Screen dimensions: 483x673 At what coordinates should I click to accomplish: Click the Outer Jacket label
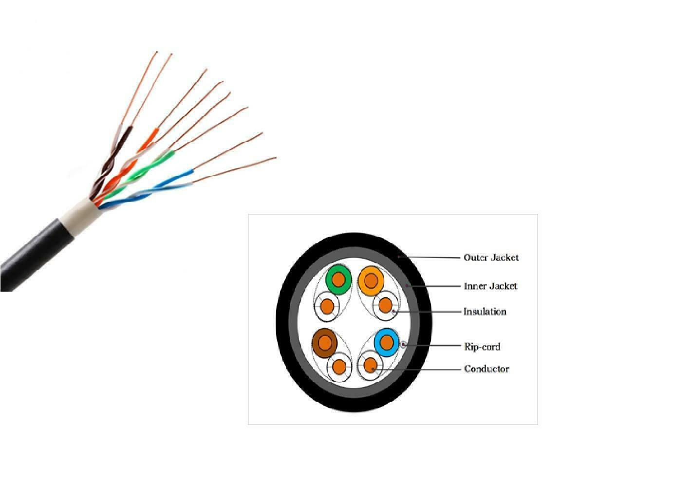tap(491, 258)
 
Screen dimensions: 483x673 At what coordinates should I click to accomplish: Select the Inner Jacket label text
tap(490, 286)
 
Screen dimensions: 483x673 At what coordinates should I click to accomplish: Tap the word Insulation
tap(485, 312)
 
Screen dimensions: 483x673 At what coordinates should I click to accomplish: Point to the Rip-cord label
tap(482, 347)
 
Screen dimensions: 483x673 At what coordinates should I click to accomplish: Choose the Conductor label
tap(486, 369)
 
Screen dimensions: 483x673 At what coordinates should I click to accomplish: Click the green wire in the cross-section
tap(338, 280)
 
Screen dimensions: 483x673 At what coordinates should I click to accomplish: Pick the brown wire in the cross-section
tap(324, 342)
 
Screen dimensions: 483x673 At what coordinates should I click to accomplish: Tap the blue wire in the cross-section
tap(387, 342)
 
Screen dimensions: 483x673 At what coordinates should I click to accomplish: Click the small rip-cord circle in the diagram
tap(403, 345)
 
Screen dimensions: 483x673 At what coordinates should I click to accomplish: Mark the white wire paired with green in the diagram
tap(327, 307)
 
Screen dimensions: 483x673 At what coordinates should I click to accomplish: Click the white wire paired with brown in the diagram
tap(339, 366)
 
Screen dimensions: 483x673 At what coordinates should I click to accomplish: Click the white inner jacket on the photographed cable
tap(78, 214)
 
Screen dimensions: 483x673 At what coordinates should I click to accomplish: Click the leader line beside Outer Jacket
tap(431, 257)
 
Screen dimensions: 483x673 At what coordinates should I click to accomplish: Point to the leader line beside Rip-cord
tap(433, 346)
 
